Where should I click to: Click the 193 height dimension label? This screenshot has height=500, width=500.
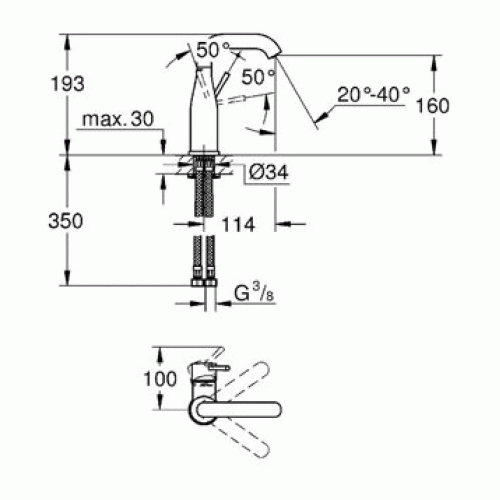click(x=68, y=83)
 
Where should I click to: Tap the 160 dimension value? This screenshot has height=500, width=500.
click(x=433, y=106)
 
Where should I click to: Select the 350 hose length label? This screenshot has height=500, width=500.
click(x=65, y=221)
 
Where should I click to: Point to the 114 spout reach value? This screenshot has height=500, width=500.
click(x=238, y=225)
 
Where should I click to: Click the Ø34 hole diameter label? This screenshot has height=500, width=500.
click(x=269, y=172)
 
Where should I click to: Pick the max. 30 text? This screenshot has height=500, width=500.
click(x=118, y=119)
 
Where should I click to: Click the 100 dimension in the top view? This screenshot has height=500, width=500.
click(x=160, y=379)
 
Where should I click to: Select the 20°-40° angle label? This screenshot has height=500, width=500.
click(x=373, y=95)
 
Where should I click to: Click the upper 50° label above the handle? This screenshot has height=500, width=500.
click(x=213, y=50)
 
